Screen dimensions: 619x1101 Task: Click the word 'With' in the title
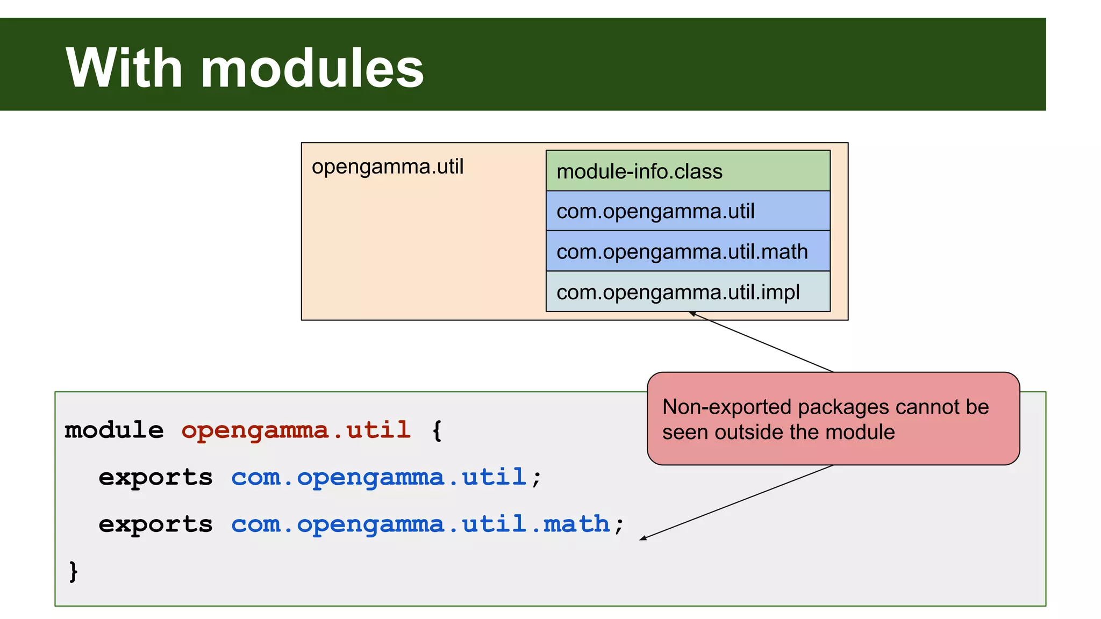(x=124, y=68)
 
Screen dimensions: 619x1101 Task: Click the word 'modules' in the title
(x=312, y=68)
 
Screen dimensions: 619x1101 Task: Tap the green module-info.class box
(x=688, y=171)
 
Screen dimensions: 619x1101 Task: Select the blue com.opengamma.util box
(x=688, y=211)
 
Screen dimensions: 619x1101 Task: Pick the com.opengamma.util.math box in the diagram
(x=688, y=251)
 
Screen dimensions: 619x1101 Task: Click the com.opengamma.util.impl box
(x=688, y=292)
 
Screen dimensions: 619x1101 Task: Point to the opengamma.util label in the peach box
(x=387, y=167)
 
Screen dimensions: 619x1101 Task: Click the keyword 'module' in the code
(x=114, y=430)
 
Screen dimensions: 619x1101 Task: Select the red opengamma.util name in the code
(x=296, y=430)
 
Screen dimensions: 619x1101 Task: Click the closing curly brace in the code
(x=74, y=571)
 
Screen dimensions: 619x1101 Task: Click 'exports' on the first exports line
(x=155, y=478)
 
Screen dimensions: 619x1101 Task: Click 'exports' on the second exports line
(x=155, y=524)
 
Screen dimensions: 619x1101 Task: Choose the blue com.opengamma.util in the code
(x=378, y=478)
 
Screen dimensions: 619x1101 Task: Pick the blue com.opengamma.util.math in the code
(x=420, y=524)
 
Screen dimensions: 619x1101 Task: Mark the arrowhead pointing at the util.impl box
(x=692, y=313)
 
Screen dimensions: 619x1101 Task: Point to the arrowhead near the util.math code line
(x=642, y=538)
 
